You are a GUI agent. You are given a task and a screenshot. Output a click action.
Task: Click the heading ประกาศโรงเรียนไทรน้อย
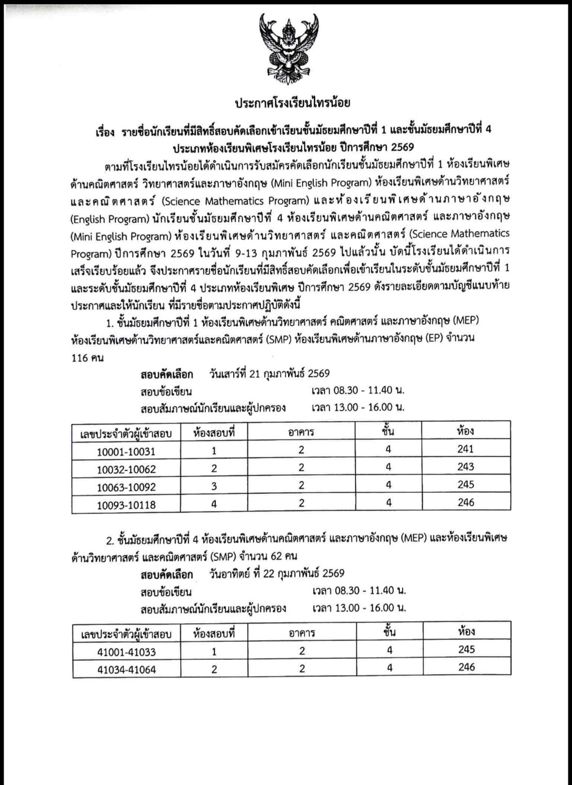(292, 103)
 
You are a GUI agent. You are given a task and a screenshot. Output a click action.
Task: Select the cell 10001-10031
(126, 451)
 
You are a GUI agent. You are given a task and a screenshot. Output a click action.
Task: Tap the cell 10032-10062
(126, 469)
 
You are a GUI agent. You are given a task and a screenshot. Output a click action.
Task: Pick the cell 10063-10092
(126, 487)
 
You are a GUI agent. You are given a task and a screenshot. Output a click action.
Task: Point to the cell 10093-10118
(126, 505)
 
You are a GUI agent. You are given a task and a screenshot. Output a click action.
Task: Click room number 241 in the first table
(465, 449)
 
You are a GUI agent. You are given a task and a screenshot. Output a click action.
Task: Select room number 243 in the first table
(465, 467)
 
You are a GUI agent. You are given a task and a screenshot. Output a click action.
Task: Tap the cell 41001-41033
(126, 652)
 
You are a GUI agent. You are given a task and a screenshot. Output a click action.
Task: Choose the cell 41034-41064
(126, 669)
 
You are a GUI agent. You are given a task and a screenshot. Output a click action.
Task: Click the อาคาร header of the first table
(301, 432)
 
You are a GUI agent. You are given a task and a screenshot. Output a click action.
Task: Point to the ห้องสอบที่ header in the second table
(214, 633)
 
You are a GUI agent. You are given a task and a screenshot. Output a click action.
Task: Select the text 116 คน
(87, 358)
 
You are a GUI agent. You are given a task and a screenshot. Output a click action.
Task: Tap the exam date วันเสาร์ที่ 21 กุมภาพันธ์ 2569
(269, 373)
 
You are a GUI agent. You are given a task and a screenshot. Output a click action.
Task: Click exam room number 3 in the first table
(214, 486)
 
